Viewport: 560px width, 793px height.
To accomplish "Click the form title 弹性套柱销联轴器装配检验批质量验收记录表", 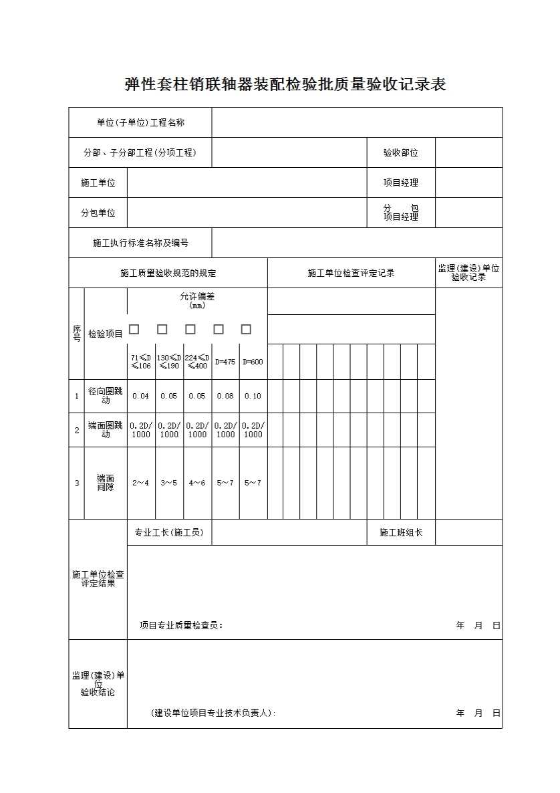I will tap(285, 85).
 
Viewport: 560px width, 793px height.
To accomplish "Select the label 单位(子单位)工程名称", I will tap(140, 122).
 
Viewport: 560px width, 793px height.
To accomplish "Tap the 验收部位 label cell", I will tap(400, 152).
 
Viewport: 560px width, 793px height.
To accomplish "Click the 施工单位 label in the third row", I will tap(98, 183).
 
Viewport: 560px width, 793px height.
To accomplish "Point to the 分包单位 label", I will tap(98, 213).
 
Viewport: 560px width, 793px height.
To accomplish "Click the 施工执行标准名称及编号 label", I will tap(140, 243).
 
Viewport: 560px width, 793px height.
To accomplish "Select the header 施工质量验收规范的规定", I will tap(168, 273).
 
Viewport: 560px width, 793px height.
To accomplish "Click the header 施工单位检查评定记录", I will tap(351, 273).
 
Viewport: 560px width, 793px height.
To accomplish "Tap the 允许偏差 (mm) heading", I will tap(197, 300).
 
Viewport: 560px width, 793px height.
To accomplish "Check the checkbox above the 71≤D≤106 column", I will tap(134, 329).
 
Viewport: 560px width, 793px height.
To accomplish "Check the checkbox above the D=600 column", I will tap(246, 329).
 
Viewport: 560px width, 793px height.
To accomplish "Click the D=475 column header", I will tap(225, 362).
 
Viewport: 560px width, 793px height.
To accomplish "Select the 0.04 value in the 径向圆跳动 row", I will tap(141, 396).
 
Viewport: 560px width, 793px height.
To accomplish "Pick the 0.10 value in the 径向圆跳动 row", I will tap(253, 396).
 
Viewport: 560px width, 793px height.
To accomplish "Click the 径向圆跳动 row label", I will tap(106, 396).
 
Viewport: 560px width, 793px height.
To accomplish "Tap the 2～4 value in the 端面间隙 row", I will tap(141, 483).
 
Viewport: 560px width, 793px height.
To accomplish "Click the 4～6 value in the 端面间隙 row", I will tap(197, 483).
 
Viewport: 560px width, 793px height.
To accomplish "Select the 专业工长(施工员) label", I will tap(169, 532).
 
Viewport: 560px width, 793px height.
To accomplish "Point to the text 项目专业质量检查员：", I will tap(181, 626).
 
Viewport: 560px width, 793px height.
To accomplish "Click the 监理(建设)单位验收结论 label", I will tap(98, 683).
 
